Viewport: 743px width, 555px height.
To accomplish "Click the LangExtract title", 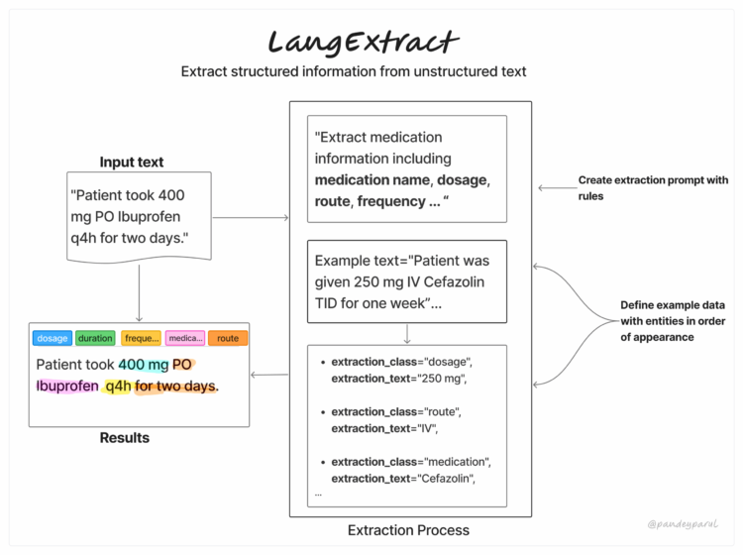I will click(363, 41).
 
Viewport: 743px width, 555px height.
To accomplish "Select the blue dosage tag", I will click(52, 338).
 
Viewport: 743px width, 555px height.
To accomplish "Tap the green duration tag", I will click(96, 338).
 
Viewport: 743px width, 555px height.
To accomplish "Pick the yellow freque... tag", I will click(141, 338).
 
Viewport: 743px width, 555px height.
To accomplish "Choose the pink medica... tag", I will click(185, 338).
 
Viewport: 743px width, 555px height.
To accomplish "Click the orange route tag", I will click(228, 338).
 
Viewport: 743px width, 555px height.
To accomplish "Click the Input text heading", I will click(132, 163).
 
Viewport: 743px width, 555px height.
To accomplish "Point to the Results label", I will click(125, 438).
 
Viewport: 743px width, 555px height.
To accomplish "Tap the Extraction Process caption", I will click(408, 530).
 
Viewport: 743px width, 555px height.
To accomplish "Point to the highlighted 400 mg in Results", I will click(144, 364).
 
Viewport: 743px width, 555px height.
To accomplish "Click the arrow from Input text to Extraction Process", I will click(250, 217).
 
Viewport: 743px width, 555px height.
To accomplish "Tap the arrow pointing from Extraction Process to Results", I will click(267, 375).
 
